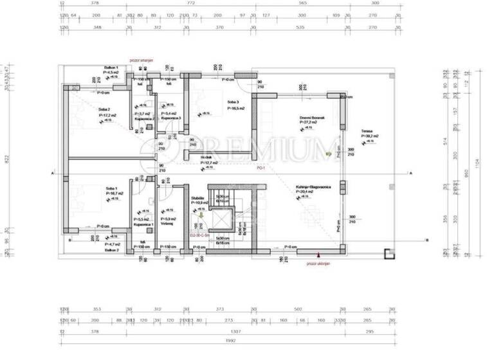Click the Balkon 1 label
pos(113,68)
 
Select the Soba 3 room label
pos(232,102)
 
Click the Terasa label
pos(367,132)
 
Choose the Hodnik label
pos(206,158)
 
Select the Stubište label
pos(198,198)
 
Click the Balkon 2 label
pos(113,251)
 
